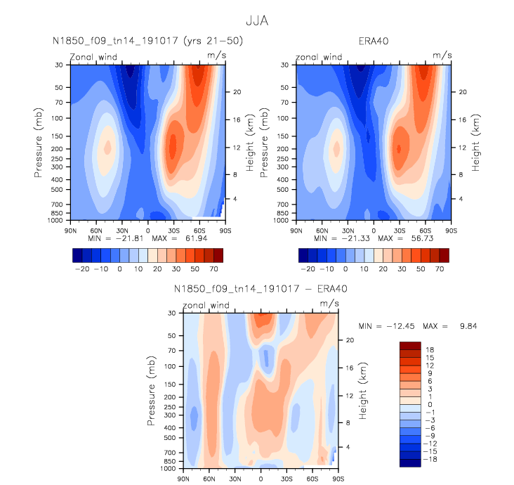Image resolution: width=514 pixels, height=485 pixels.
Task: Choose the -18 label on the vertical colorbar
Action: pyautogui.click(x=430, y=458)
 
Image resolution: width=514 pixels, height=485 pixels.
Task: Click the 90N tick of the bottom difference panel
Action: pyautogui.click(x=184, y=479)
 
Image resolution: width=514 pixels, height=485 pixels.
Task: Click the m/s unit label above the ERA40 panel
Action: pyautogui.click(x=442, y=54)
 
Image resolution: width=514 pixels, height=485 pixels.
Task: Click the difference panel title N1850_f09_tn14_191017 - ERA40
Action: pyautogui.click(x=261, y=289)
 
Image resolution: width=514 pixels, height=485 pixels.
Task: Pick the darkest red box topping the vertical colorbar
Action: pyautogui.click(x=410, y=345)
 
